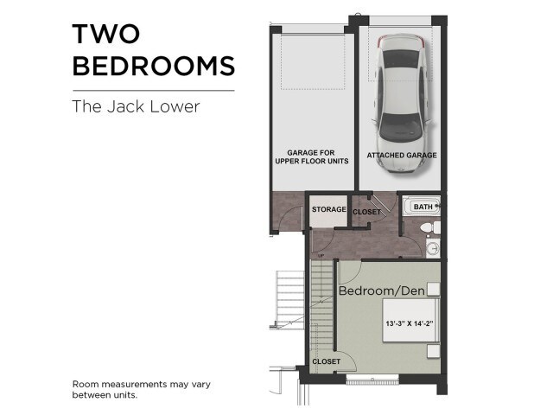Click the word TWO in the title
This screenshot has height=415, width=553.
(106, 34)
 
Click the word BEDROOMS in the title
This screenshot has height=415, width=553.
(154, 66)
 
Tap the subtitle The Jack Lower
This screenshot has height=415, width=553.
(137, 106)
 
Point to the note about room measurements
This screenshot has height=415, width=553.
(142, 389)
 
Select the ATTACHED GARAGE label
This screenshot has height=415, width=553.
(402, 156)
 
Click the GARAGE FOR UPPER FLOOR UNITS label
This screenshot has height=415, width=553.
(312, 156)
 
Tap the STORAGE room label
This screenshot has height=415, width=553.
(329, 209)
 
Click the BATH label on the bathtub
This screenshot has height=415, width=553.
(423, 207)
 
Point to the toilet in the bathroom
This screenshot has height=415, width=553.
(430, 227)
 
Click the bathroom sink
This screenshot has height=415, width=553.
(434, 248)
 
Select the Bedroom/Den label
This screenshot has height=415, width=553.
(382, 290)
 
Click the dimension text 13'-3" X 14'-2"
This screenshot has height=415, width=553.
(409, 323)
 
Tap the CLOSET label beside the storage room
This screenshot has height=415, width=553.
(366, 212)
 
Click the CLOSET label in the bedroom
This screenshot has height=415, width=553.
(327, 361)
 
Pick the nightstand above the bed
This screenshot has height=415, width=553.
(434, 289)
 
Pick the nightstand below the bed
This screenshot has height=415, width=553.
(434, 351)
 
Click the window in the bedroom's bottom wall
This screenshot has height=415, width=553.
(372, 380)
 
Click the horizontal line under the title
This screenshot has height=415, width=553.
(154, 91)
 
